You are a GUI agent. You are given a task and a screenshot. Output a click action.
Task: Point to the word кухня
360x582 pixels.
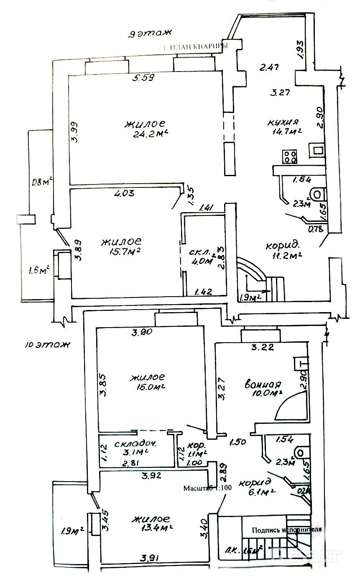(283, 122)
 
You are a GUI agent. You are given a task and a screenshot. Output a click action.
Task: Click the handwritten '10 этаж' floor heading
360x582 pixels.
(47, 345)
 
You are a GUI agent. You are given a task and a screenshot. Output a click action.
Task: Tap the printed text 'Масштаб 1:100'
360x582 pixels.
(207, 488)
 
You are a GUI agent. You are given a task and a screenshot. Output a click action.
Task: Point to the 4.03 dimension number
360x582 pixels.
(126, 194)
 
